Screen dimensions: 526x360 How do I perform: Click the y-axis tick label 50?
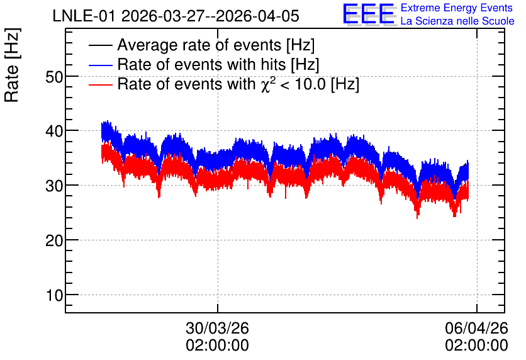54,77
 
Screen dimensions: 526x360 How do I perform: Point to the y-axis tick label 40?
54,131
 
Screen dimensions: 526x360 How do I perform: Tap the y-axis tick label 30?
54,186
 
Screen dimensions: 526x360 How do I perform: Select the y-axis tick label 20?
54,240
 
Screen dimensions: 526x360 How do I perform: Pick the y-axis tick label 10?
55,295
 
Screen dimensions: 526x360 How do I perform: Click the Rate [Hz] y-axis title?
12,65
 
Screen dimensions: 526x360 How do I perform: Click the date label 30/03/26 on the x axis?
217,328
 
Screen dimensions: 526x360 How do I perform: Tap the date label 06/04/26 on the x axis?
477,328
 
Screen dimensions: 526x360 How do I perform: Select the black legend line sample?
100,45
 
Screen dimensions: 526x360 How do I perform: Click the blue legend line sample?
100,65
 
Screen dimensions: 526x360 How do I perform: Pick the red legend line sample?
100,84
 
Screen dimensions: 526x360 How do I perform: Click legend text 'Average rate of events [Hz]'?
216,45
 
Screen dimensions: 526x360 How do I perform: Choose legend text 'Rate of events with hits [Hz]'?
218,64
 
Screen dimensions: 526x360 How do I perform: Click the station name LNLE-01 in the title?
85,16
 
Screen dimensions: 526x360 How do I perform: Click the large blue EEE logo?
369,14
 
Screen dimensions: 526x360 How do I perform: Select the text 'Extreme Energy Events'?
457,8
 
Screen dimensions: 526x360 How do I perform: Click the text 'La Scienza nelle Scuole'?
457,21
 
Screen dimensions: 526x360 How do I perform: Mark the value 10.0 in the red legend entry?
310,84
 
